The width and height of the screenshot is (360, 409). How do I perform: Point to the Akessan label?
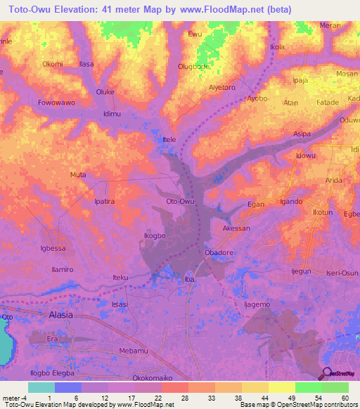[236, 228]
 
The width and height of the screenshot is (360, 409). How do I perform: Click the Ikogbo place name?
[154, 236]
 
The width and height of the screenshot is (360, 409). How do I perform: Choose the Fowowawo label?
[56, 103]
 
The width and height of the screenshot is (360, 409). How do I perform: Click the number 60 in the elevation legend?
[344, 398]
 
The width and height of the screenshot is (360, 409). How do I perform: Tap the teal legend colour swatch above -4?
[41, 387]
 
